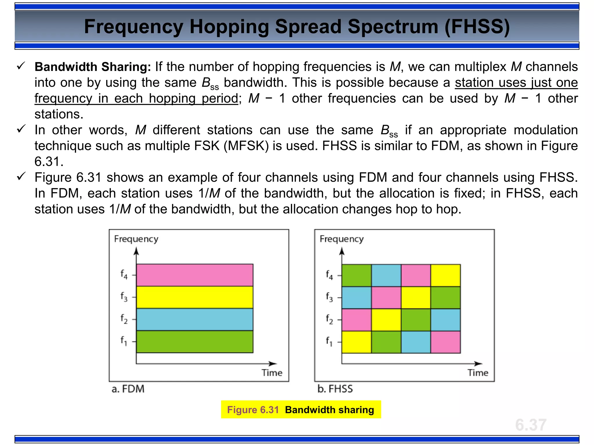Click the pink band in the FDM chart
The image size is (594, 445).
195,275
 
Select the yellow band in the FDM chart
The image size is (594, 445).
195,297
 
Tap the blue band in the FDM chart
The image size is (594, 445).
195,320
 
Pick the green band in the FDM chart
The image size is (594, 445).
195,342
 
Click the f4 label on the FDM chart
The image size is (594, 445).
124,274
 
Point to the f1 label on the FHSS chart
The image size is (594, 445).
329,341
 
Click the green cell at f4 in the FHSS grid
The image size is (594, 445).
356,275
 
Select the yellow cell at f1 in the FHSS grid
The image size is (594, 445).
356,342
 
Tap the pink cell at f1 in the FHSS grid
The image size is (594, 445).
445,342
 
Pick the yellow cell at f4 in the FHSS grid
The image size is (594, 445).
445,275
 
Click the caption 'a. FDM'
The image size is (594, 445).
128,389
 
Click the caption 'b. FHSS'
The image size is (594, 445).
335,389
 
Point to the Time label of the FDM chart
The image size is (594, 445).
272,373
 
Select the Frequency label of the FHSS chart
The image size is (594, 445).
341,239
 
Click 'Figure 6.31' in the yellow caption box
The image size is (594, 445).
253,410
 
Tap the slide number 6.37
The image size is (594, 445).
530,425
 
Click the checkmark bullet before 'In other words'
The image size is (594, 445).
21,129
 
